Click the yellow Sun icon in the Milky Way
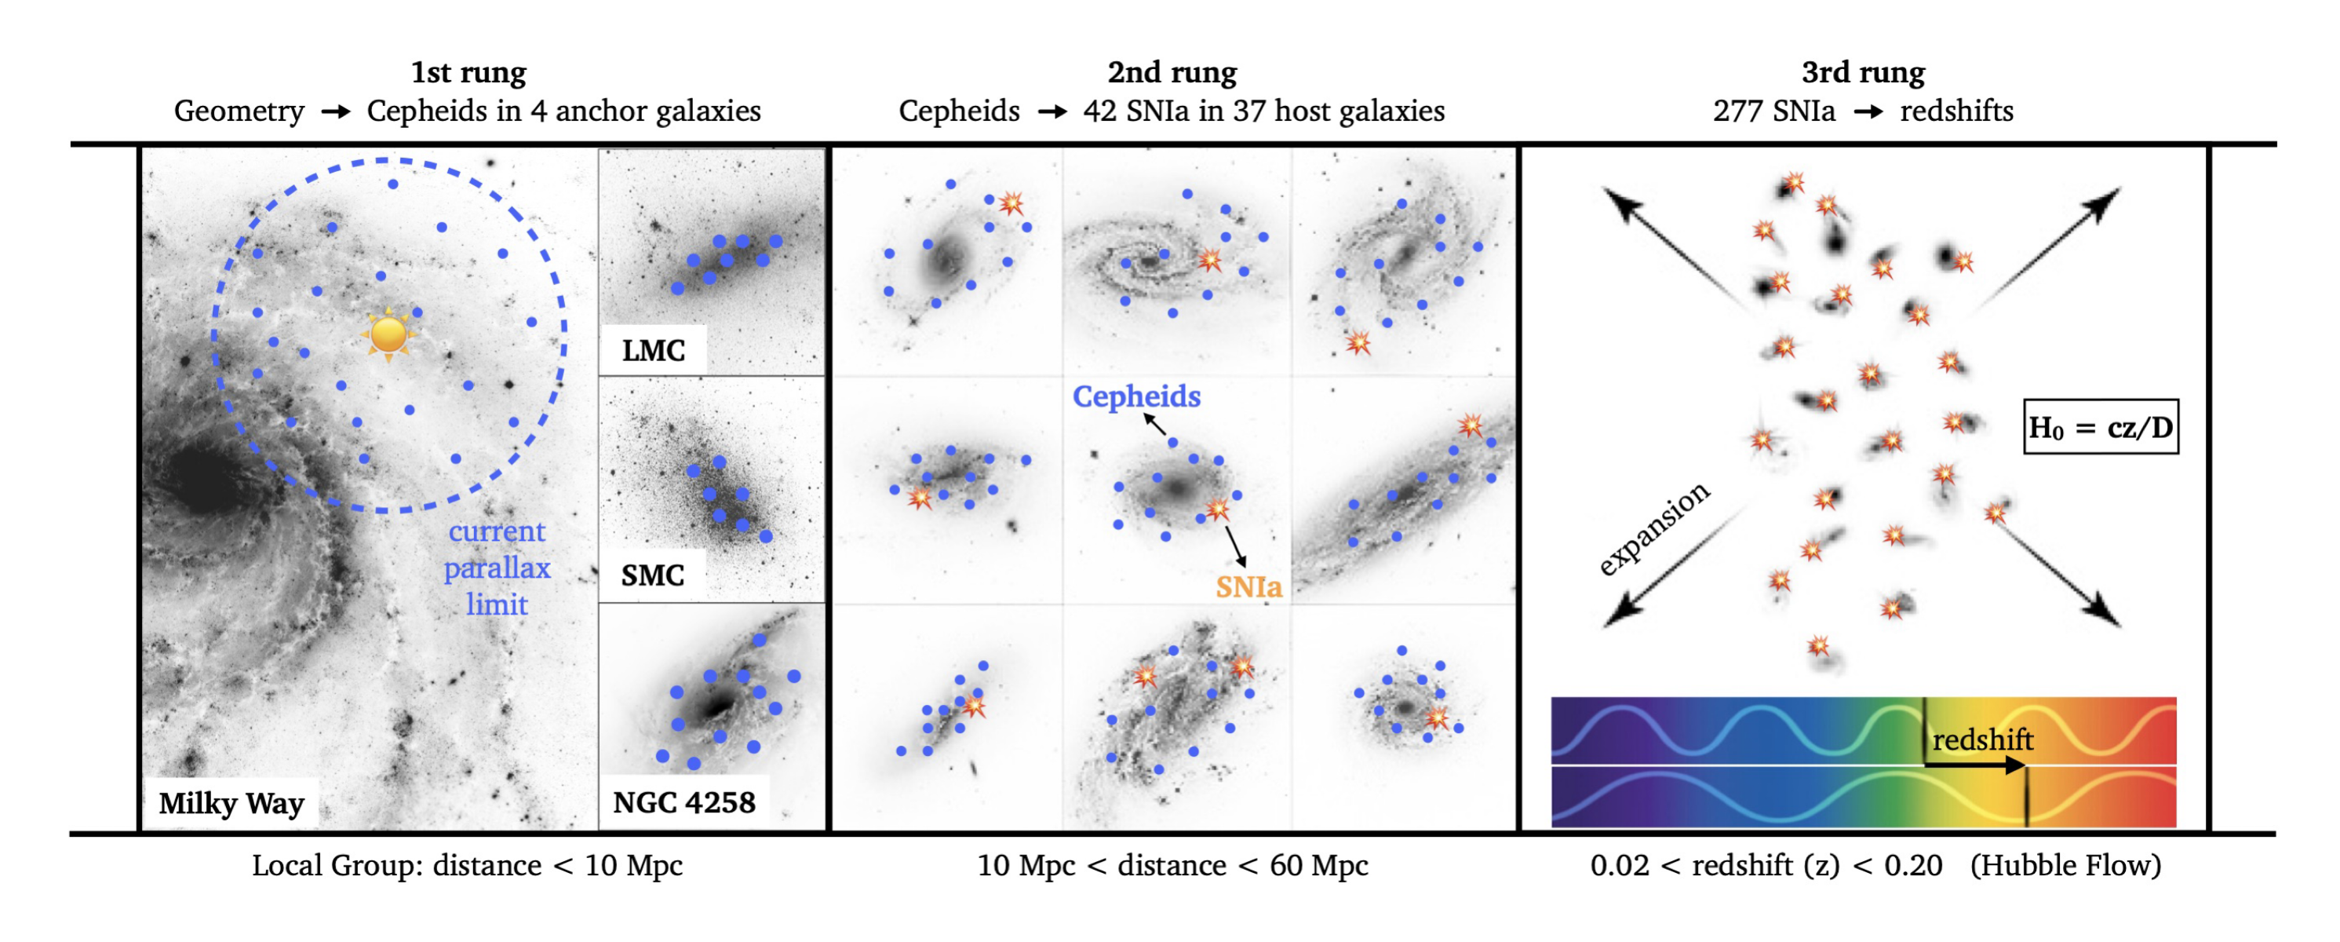coord(388,334)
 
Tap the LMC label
coord(653,351)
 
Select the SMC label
coord(652,575)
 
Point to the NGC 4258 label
coord(684,803)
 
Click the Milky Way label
coord(231,804)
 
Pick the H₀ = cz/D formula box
coord(2100,427)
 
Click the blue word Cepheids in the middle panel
coord(1136,397)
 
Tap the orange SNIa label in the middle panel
coord(1249,588)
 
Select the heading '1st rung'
coord(468,73)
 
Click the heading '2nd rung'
coord(1172,73)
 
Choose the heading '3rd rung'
coord(1863,73)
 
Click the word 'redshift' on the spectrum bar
coord(1982,740)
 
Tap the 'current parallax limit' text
coord(497,568)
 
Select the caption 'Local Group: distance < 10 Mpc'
coord(467,866)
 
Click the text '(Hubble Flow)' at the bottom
coord(2065,866)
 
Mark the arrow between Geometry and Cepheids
coord(335,111)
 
